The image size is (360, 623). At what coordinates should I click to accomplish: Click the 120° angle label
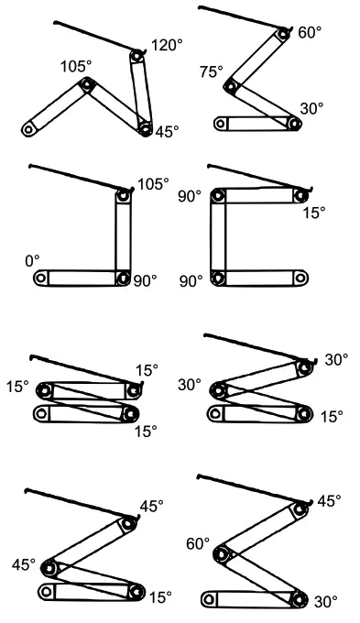pos(167,45)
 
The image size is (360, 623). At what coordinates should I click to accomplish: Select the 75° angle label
pos(211,71)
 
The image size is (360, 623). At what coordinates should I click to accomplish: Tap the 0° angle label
pos(33,261)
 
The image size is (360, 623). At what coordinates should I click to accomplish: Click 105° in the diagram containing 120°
pos(76,67)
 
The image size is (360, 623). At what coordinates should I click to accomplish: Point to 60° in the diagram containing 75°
pos(310,33)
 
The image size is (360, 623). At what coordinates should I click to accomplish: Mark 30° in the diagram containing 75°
pos(311,108)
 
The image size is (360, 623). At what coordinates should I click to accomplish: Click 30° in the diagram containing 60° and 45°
pos(324,602)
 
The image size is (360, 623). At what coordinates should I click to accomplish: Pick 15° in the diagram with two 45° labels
pos(159,597)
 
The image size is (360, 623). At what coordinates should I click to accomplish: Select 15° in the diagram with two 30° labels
pos(332,416)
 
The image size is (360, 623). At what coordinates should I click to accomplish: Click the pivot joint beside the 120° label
pos(136,57)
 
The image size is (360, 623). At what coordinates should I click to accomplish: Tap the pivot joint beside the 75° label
pos(232,88)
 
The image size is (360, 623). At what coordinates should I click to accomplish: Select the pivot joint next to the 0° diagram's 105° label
pos(122,193)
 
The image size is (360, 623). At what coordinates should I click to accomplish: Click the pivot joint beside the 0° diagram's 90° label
pos(123,276)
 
